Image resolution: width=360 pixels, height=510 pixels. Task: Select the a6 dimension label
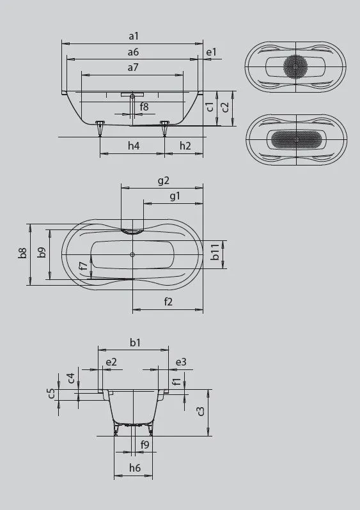tap(133, 52)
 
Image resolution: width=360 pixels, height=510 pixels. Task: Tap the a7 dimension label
tap(133, 67)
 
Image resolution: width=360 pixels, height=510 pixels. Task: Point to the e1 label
tap(211, 52)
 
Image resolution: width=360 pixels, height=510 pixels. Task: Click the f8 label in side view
tap(145, 107)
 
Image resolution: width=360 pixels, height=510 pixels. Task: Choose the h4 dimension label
tap(133, 146)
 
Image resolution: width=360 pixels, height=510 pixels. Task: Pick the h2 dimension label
tap(185, 146)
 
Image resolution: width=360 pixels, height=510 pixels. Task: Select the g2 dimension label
tap(163, 181)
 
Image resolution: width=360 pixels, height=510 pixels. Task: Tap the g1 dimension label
tap(174, 196)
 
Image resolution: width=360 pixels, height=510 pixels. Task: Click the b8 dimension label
tap(23, 254)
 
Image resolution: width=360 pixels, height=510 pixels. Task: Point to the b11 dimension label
tap(215, 254)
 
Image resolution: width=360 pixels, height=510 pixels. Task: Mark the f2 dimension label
tap(168, 302)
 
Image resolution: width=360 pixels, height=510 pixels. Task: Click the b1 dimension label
tap(134, 343)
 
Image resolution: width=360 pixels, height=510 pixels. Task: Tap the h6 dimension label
tap(134, 468)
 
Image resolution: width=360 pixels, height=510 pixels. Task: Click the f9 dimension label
tap(145, 444)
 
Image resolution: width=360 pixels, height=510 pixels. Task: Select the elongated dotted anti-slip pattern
tap(296, 139)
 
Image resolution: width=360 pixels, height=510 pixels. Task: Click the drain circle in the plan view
tap(132, 256)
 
